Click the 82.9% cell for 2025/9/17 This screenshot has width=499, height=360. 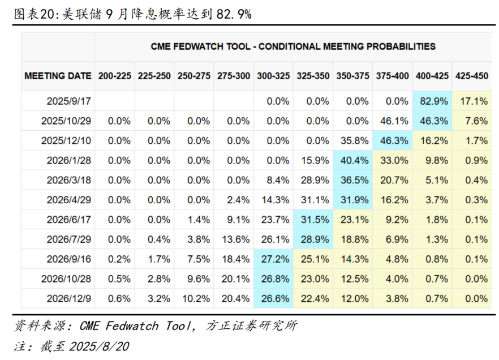434,101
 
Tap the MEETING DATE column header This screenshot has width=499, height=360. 58,76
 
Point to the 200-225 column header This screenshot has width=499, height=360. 115,76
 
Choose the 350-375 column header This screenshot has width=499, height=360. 353,76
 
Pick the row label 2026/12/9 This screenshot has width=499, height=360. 69,298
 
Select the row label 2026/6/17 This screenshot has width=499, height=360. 69,220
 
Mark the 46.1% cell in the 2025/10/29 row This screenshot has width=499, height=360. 393,121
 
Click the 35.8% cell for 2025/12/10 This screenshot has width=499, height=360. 353,140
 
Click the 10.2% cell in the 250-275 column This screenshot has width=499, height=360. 195,298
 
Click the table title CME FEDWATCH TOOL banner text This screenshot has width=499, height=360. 293,46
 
